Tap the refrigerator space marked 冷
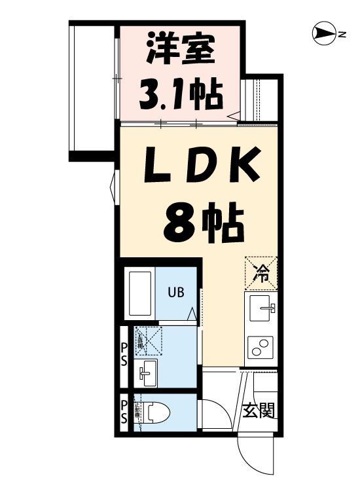pyautogui.click(x=261, y=272)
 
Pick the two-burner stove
pyautogui.click(x=261, y=345)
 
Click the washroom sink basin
pyautogui.click(x=145, y=374)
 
